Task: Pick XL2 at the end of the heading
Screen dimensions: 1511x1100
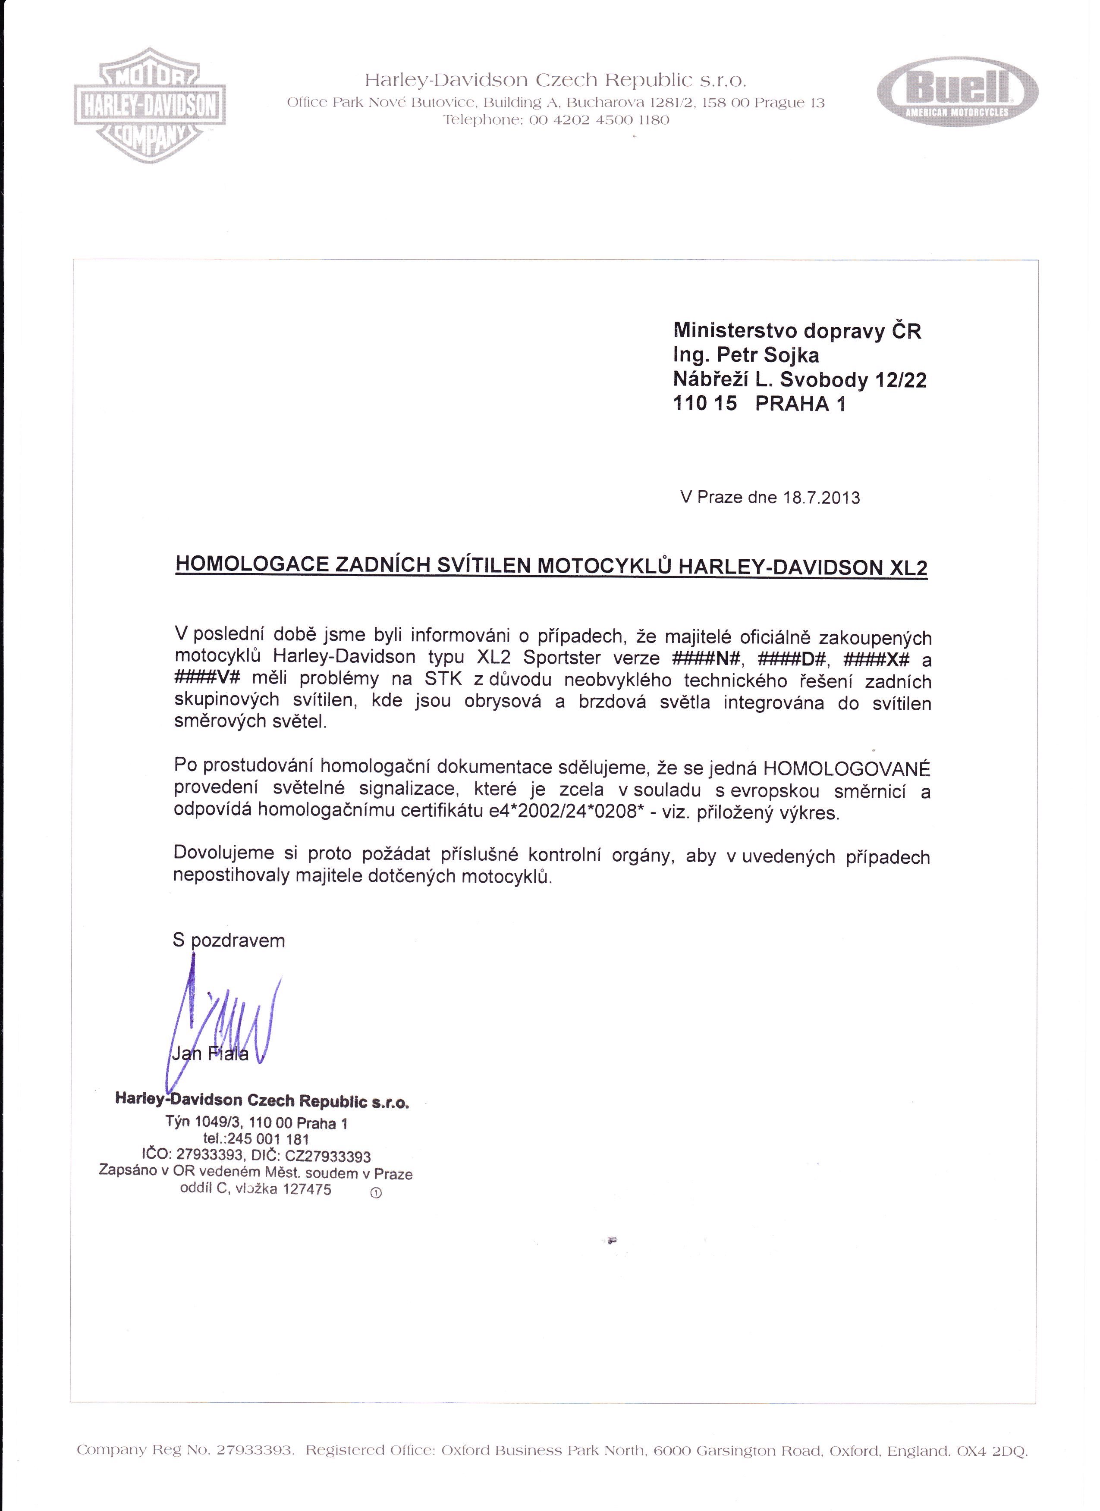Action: coord(909,567)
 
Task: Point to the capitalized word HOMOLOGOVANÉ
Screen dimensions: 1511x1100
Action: coord(846,769)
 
